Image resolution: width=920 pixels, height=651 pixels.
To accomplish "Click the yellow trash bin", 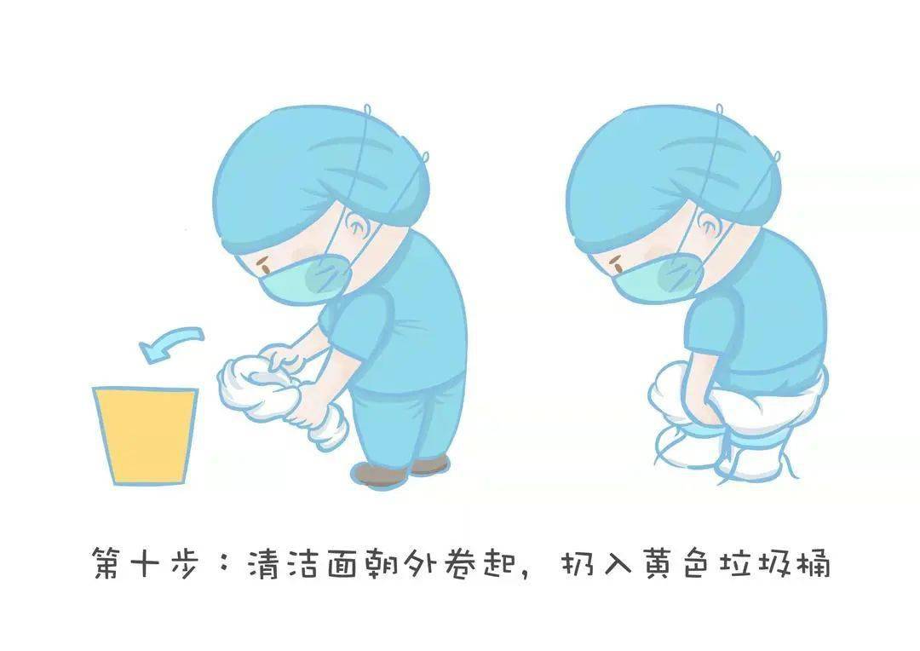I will click(145, 435).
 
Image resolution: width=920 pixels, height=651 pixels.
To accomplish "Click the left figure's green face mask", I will click(307, 276).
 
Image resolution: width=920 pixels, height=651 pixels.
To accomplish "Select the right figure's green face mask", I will click(660, 277).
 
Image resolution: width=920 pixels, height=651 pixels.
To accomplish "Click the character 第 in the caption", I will click(111, 565).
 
